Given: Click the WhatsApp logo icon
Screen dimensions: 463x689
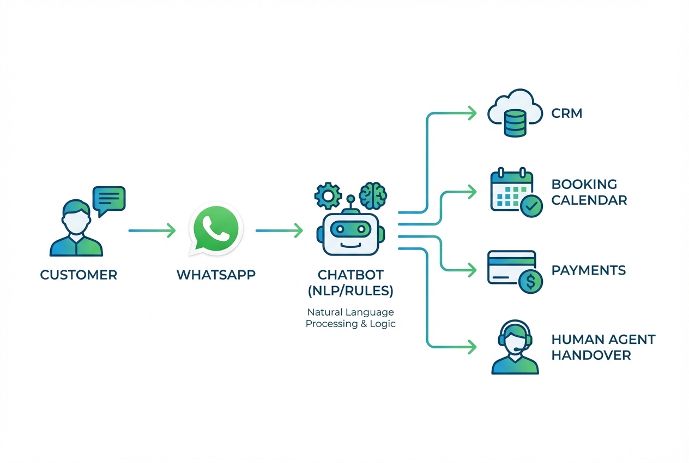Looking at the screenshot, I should coord(215,229).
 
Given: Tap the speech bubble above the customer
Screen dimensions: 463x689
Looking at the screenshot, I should coord(109,199).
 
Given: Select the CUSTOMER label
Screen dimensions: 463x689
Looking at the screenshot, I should coord(78,275).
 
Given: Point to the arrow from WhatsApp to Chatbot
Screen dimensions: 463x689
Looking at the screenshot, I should coord(279,231).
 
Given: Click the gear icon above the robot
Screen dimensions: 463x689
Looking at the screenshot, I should coord(328,195).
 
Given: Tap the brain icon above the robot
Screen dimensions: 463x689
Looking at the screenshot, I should coord(373,194).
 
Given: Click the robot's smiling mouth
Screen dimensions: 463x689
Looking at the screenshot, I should coord(350,244).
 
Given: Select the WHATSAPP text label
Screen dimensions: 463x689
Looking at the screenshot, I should coord(216,275).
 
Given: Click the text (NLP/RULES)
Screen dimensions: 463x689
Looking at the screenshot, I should coord(350,291).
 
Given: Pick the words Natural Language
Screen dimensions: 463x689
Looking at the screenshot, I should coord(350,312).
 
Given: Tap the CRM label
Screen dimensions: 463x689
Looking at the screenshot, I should coord(567,114).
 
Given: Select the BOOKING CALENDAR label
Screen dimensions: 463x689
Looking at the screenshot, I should coord(589,192).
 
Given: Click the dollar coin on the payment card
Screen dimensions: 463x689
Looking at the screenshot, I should coord(530,282).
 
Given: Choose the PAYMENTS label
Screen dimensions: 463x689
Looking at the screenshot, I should coord(588,270).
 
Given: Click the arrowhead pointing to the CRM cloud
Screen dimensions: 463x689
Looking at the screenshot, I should coord(472,114).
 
